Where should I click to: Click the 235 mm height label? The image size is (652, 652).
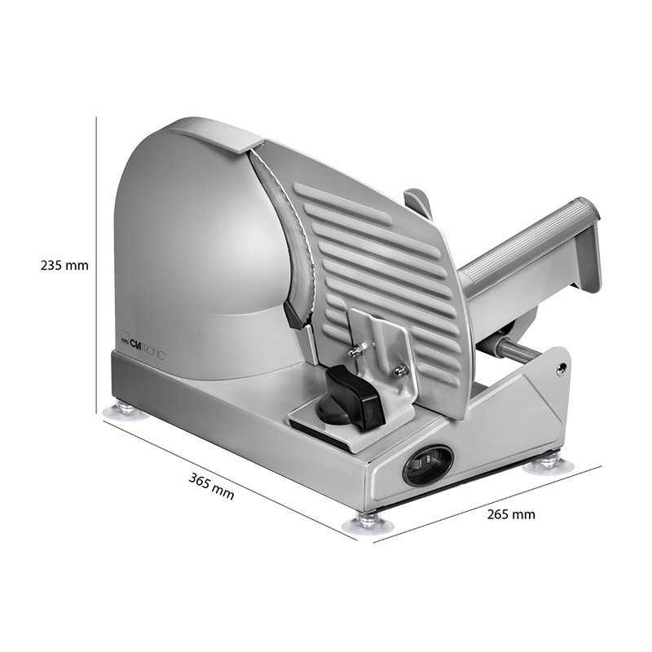(x=64, y=266)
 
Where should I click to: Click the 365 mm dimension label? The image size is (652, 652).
(x=212, y=486)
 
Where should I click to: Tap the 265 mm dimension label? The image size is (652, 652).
(x=511, y=514)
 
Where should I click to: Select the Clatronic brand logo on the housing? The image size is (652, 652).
(x=143, y=343)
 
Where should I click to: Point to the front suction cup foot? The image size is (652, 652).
(x=368, y=522)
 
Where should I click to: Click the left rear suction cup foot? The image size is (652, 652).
(x=126, y=411)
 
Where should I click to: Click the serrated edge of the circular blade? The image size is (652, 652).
(x=291, y=233)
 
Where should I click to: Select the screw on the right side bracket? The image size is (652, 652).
(x=562, y=368)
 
